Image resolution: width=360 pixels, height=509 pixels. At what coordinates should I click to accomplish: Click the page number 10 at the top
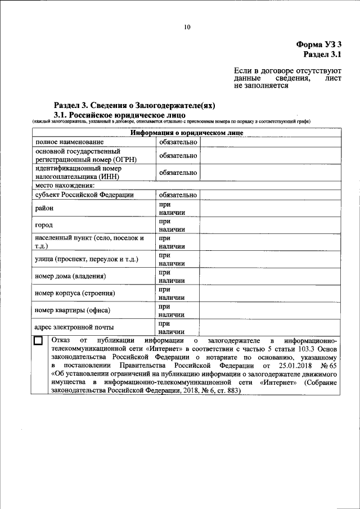pyautogui.click(x=187, y=26)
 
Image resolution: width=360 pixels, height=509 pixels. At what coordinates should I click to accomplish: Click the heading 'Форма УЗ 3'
pyautogui.click(x=318, y=44)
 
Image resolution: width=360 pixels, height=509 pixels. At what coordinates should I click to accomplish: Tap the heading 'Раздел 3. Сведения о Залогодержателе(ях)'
pyautogui.click(x=134, y=105)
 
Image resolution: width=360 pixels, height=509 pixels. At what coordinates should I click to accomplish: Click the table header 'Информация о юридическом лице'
pyautogui.click(x=187, y=133)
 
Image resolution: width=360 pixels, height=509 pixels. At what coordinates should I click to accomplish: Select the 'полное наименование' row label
pyautogui.click(x=67, y=142)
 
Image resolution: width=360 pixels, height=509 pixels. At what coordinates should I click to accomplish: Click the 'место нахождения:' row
pyautogui.click(x=65, y=185)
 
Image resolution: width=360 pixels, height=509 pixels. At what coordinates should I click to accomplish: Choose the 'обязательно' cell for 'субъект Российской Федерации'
pyautogui.click(x=177, y=195)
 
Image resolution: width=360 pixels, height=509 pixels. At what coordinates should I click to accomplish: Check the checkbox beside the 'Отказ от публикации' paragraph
pyautogui.click(x=38, y=341)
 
